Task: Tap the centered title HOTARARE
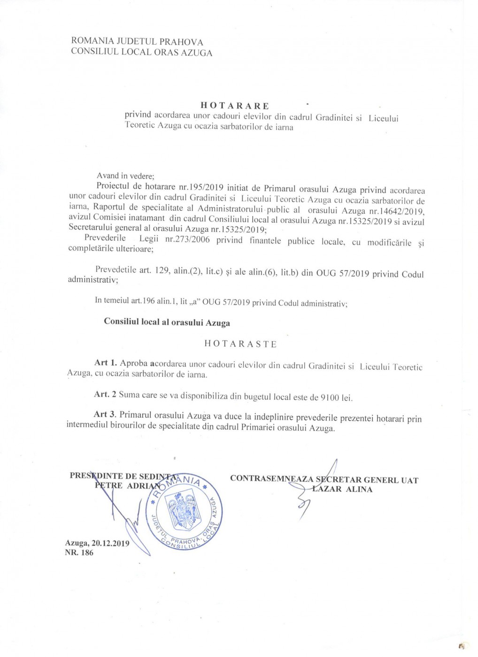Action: click(x=235, y=106)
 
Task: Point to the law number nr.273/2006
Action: click(x=187, y=240)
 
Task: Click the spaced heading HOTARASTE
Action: click(x=240, y=344)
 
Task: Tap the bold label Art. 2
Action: click(x=105, y=394)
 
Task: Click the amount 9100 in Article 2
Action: click(x=330, y=397)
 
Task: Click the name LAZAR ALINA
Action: click(x=342, y=489)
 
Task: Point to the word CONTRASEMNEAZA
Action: click(x=271, y=479)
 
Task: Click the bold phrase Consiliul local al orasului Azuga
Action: click(x=167, y=322)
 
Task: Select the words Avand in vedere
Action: click(x=125, y=176)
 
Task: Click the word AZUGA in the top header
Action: click(x=197, y=53)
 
